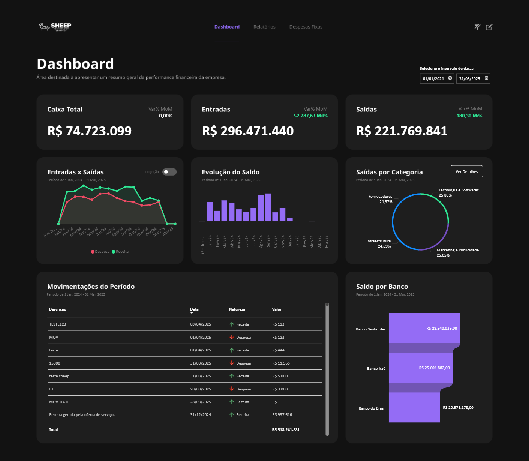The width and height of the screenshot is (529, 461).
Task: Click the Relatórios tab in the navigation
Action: coord(264,27)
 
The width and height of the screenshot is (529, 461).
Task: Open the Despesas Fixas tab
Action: coord(306,27)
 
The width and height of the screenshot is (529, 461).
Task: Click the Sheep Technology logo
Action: coord(55,27)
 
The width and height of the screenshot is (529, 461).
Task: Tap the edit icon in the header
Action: coord(489,27)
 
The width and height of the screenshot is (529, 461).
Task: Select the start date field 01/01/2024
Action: coord(436,78)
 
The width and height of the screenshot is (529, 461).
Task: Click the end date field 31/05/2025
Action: coord(473,78)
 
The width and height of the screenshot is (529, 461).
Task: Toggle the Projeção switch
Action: coord(169,172)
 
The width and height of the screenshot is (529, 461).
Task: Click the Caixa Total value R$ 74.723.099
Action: coord(89,131)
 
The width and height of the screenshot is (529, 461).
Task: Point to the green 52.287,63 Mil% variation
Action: coord(310,116)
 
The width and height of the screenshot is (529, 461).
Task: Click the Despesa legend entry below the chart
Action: coord(100,252)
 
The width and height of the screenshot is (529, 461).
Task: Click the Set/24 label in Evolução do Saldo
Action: coord(268,241)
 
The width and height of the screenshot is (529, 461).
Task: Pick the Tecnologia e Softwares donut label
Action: coord(459,190)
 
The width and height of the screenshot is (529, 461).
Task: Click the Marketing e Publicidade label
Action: coord(457,250)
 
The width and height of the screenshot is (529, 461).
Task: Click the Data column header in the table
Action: coord(194,309)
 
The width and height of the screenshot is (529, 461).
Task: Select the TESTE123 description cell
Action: coord(57,324)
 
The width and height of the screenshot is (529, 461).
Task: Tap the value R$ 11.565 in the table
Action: coord(281,363)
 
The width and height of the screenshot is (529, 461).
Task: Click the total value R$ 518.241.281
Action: coord(286,430)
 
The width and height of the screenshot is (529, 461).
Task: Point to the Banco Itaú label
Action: coord(376,369)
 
